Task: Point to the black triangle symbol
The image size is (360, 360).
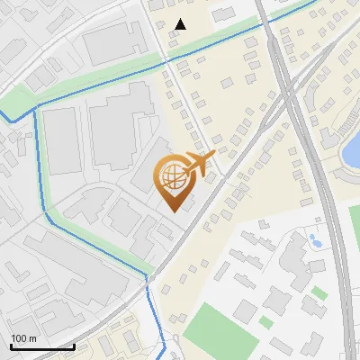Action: (x=181, y=24)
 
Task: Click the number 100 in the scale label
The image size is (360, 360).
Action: (x=19, y=338)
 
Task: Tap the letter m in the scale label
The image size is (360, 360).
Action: (x=33, y=338)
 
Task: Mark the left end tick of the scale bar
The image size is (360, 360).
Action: (x=11, y=346)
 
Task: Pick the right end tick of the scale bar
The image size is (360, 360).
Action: (x=74, y=346)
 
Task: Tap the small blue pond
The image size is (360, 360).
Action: (x=315, y=241)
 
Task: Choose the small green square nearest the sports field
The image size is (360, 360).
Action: (x=265, y=321)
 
